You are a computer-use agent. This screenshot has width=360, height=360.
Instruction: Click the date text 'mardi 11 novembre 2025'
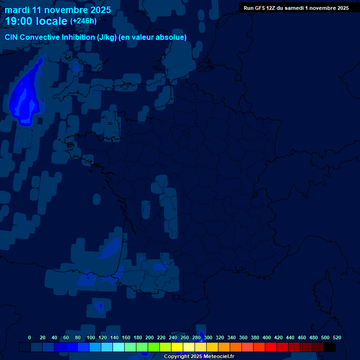[x=58, y=10]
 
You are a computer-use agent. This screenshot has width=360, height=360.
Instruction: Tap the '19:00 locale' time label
[x=37, y=21]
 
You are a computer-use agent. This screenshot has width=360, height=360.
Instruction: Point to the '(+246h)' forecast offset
[x=83, y=21]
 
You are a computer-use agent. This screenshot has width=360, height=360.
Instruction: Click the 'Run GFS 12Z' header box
[x=296, y=8]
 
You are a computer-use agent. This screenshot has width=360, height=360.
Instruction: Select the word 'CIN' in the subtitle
[x=12, y=37]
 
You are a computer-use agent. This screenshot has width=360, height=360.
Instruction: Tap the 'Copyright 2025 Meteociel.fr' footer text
[x=199, y=357]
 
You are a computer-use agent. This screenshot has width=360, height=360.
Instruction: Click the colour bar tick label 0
[x=30, y=337]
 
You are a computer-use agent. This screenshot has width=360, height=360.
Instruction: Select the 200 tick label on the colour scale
[x=150, y=337]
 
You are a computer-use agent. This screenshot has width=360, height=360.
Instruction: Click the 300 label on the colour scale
[x=208, y=337]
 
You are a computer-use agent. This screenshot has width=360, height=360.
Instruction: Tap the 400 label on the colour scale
[x=267, y=337]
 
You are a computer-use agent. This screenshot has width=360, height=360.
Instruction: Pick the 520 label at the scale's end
[x=337, y=337]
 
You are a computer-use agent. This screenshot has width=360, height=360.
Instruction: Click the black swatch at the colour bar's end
[x=330, y=347]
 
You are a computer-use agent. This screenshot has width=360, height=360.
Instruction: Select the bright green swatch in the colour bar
[x=154, y=347]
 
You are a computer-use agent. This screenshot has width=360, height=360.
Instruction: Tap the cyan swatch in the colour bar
[x=119, y=347]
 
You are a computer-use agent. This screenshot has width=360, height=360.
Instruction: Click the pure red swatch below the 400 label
[x=271, y=347]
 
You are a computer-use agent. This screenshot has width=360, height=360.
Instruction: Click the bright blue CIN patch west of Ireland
[x=25, y=98]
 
